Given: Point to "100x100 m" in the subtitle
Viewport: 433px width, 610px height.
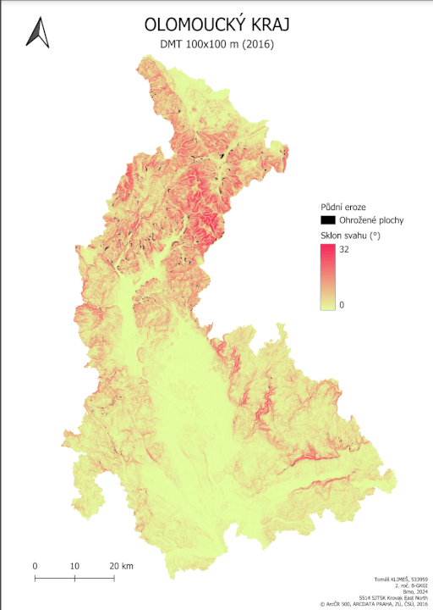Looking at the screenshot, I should pyautogui.click(x=212, y=44).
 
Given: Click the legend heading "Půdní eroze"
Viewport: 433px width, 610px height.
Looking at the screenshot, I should pyautogui.click(x=343, y=206).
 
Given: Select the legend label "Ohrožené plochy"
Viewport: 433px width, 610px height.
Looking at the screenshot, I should pyautogui.click(x=371, y=219).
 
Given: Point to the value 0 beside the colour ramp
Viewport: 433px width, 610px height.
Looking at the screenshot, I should pyautogui.click(x=342, y=304).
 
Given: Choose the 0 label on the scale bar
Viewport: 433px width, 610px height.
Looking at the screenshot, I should pyautogui.click(x=35, y=565).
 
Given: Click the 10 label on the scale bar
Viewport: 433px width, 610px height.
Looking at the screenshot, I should pyautogui.click(x=74, y=565).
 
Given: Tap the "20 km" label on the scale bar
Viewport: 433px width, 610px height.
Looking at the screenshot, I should pyautogui.click(x=121, y=565).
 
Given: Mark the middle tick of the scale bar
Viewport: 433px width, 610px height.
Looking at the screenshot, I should pyautogui.click(x=74, y=578).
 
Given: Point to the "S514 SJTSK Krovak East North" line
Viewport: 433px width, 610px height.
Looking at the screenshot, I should pyautogui.click(x=392, y=597).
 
